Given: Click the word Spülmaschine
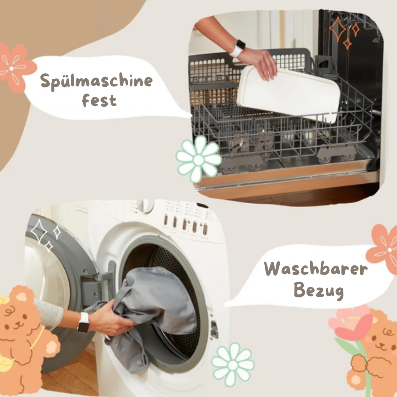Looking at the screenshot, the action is (x=96, y=81).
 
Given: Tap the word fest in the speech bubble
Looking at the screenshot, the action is (x=99, y=100).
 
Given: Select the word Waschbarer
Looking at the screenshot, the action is (x=316, y=269).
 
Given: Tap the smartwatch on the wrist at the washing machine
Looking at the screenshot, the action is (x=83, y=322).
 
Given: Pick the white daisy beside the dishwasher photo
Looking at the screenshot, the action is (x=199, y=159).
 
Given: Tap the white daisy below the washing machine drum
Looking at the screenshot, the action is (x=233, y=365).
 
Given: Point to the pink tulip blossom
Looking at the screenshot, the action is (x=351, y=323).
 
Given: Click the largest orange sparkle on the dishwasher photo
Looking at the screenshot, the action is (x=337, y=29).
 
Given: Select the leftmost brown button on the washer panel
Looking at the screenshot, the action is (x=165, y=219).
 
